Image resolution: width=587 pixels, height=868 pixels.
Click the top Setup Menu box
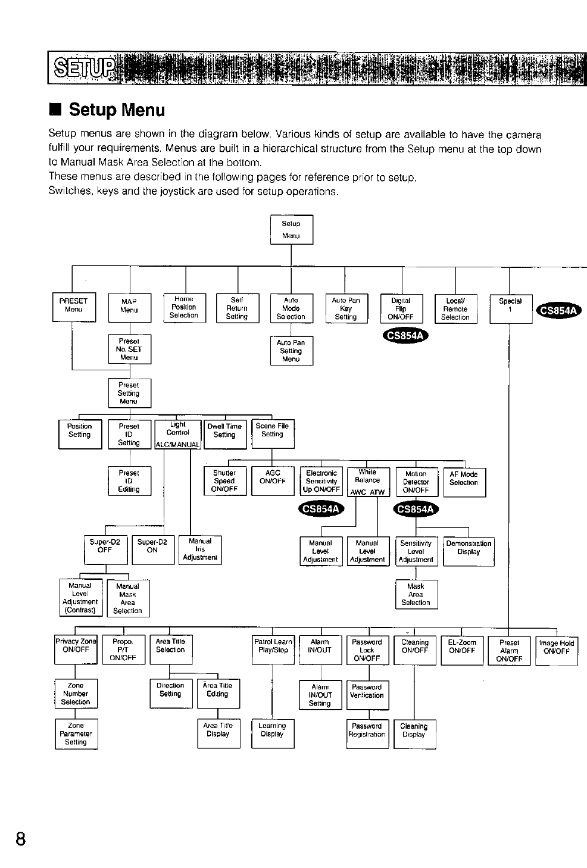[291, 229]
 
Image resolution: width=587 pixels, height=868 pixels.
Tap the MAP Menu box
[129, 307]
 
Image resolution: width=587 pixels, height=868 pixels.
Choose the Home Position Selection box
[184, 307]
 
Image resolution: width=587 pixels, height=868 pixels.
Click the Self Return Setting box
[237, 308]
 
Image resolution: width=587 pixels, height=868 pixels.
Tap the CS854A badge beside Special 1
[560, 310]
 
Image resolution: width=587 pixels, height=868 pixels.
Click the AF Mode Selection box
[464, 482]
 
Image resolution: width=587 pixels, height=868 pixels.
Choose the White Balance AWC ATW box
[368, 482]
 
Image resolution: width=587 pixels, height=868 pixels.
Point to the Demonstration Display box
[469, 551]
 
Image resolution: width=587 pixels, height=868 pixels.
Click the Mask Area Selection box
[416, 594]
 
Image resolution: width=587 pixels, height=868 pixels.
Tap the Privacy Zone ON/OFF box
[76, 649]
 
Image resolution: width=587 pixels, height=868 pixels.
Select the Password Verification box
[368, 695]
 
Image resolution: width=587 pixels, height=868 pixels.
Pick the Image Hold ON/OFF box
[557, 651]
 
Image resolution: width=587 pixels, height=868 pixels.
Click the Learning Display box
[273, 733]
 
